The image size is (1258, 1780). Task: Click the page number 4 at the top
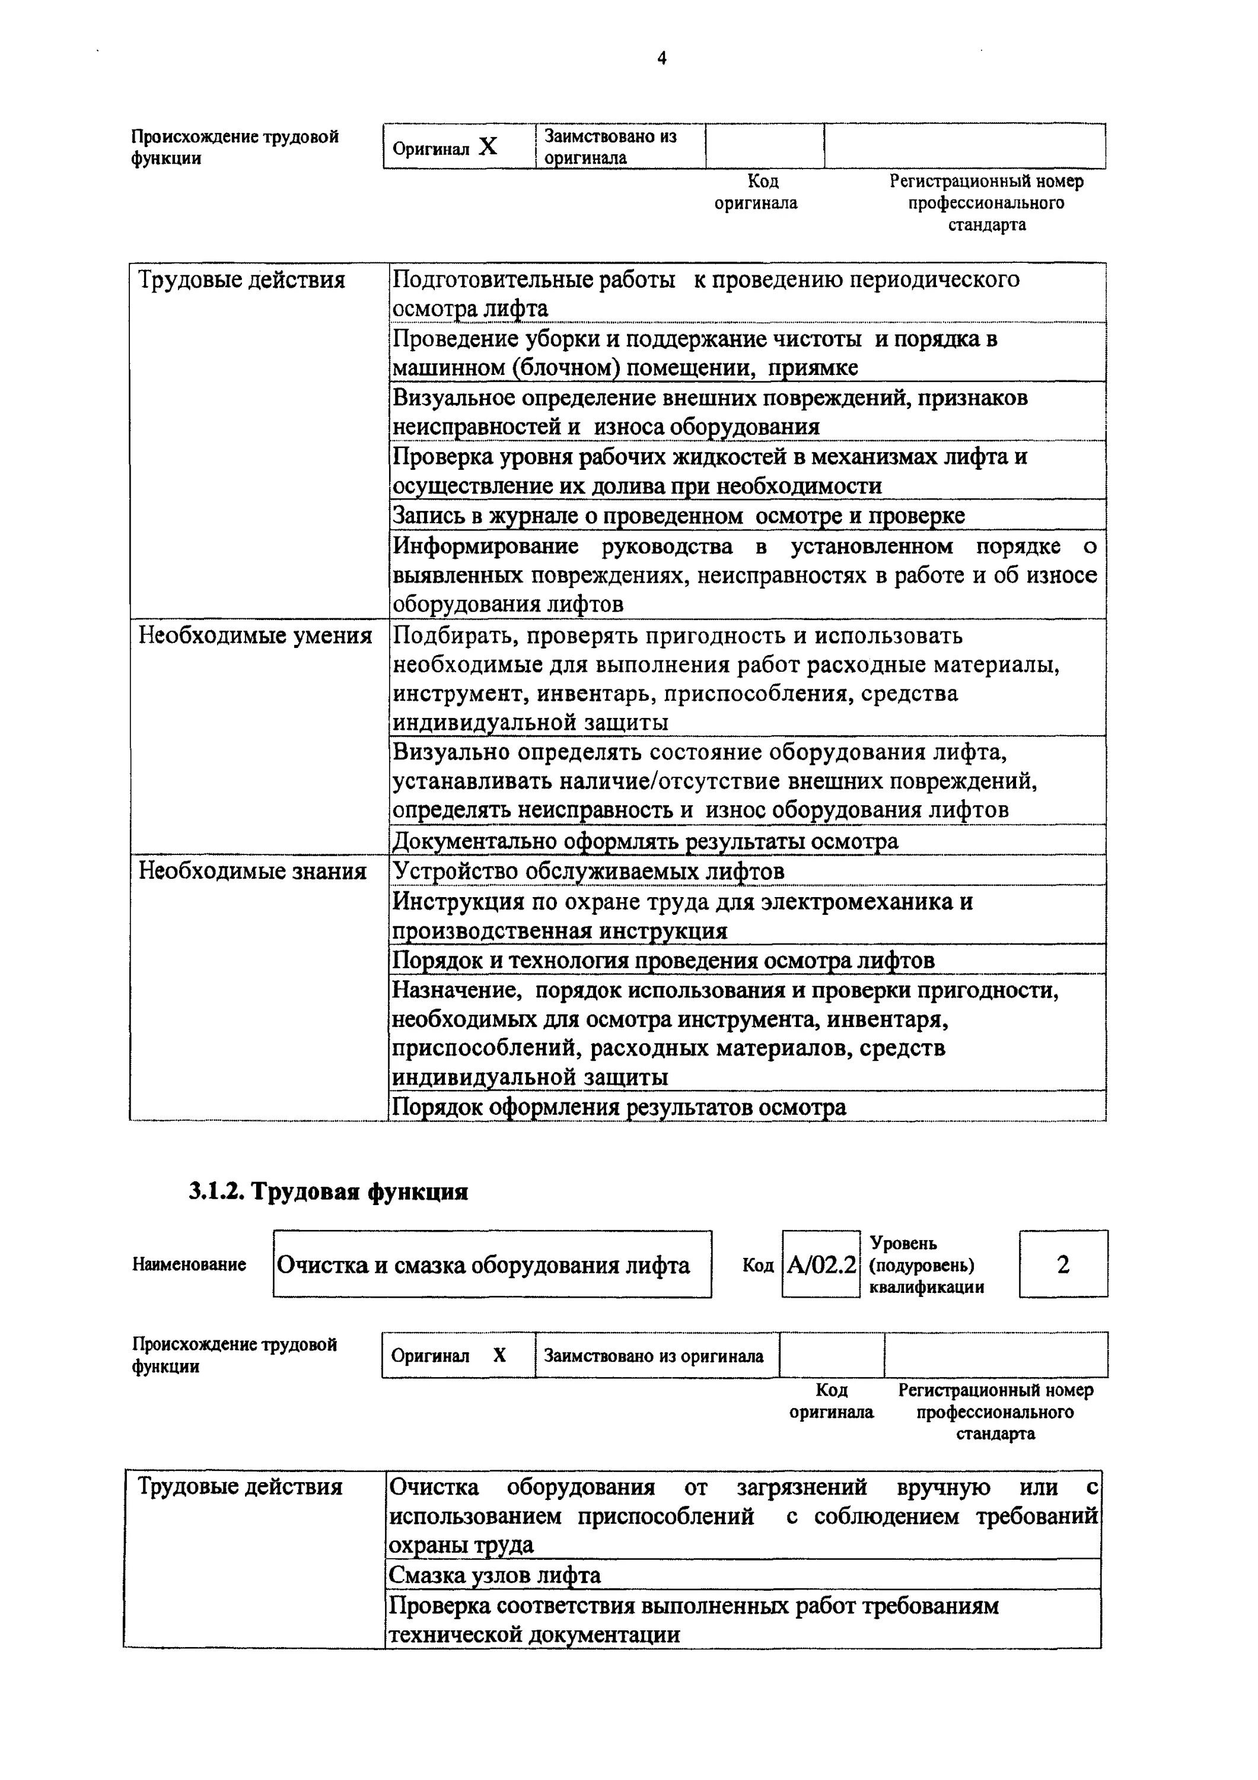coord(661,59)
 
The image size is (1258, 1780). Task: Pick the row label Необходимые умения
coord(255,635)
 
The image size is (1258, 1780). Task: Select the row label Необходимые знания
coord(252,872)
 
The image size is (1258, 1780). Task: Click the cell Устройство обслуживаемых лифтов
coord(588,872)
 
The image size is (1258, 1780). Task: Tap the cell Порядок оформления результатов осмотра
coord(619,1107)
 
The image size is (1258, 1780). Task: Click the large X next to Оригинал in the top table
coord(488,147)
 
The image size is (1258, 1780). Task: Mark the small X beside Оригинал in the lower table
coord(500,1355)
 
